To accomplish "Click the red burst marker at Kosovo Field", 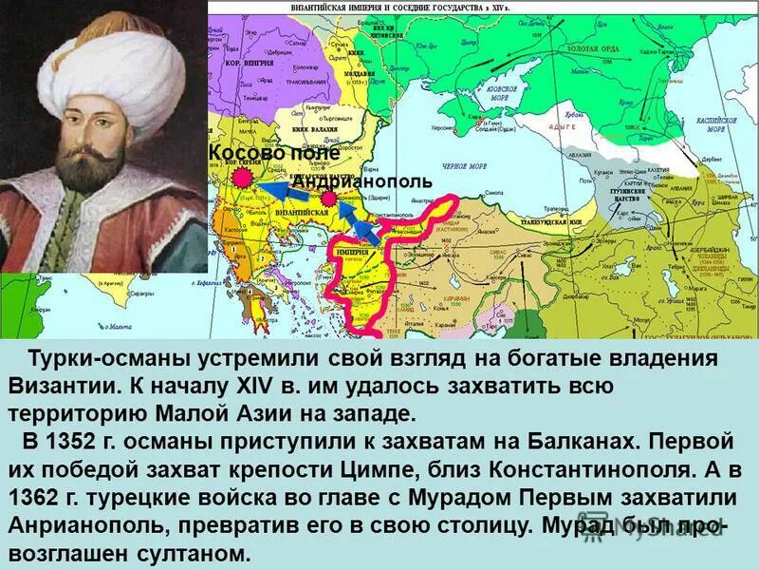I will point(242,178).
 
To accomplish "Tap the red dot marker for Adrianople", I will point(328,199).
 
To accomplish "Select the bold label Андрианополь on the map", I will point(362,180).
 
